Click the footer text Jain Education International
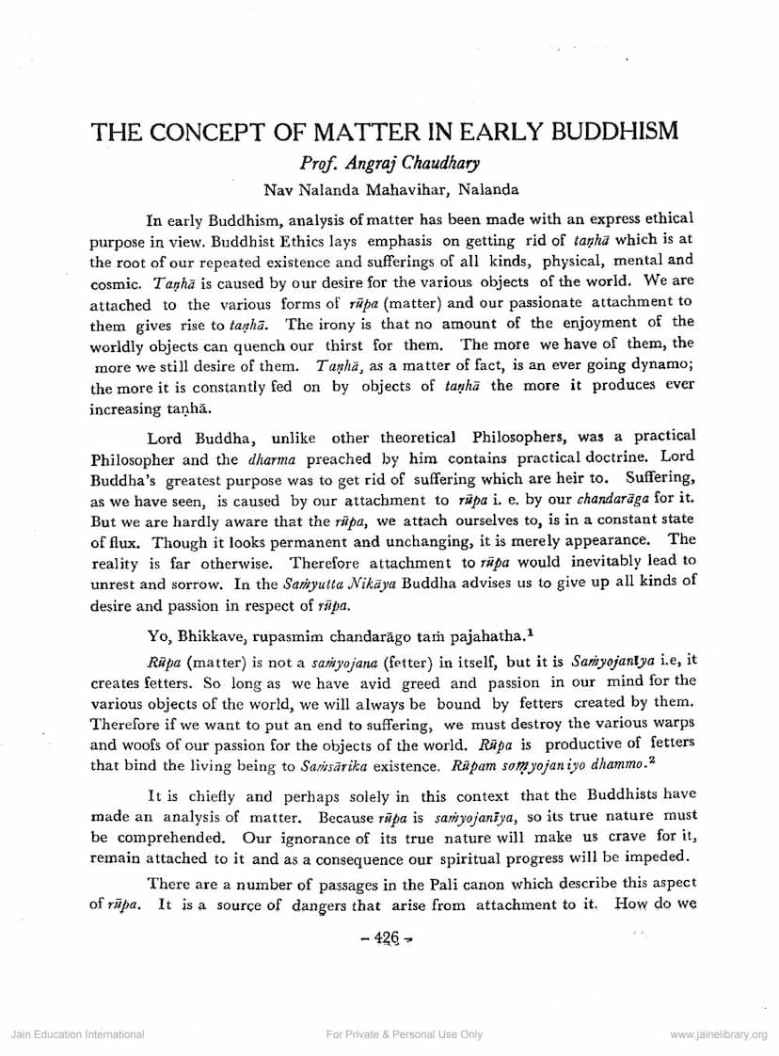point(77,1034)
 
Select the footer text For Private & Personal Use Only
point(404,1034)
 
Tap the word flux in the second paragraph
point(127,541)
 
